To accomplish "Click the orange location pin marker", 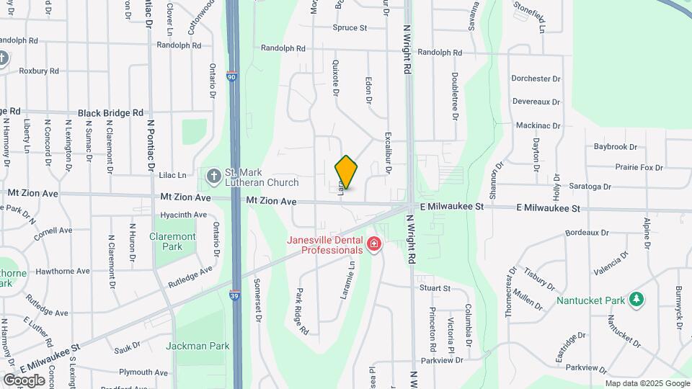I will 347,173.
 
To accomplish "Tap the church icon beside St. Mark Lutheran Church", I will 213,176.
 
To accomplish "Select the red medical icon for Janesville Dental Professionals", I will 373,246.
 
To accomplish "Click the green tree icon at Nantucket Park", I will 636,299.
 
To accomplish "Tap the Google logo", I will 24,380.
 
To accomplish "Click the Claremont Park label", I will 173,241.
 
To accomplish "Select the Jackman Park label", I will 198,346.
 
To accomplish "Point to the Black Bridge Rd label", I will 110,113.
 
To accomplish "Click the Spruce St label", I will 350,28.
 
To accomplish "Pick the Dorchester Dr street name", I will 536,79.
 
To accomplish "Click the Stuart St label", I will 435,288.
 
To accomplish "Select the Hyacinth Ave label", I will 183,215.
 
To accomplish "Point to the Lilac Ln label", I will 172,175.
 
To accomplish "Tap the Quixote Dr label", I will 335,77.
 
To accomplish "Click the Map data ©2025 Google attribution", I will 648,384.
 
